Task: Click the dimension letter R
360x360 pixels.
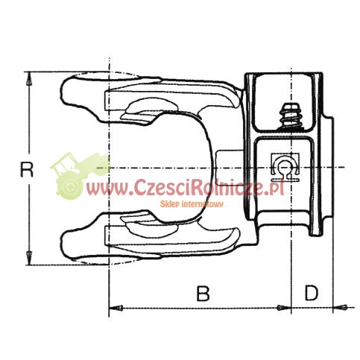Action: (26, 169)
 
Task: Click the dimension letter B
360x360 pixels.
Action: (203, 293)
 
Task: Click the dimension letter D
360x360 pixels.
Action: (312, 293)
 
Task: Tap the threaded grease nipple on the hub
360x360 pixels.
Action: (291, 116)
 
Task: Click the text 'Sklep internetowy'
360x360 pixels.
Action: (192, 204)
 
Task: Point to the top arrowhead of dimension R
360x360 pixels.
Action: (29, 79)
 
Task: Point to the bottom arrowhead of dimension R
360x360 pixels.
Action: (29, 258)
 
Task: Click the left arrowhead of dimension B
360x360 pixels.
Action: (116, 308)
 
